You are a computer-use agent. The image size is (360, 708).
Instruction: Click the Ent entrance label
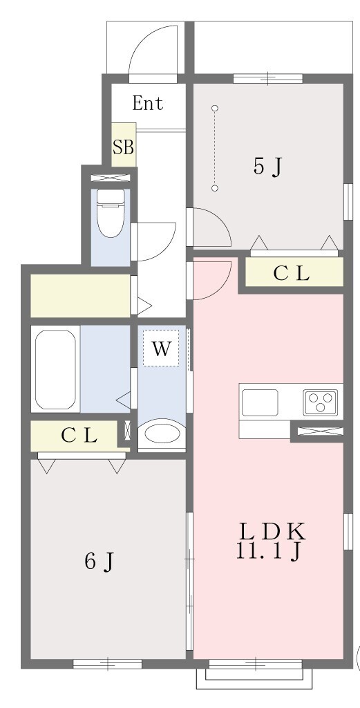[147, 104]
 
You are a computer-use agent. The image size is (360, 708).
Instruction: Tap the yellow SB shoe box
[124, 145]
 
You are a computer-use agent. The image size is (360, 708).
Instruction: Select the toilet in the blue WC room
[111, 213]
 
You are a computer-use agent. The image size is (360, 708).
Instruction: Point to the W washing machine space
[161, 348]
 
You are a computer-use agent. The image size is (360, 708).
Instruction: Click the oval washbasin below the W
[162, 434]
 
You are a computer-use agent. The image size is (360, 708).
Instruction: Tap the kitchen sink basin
[259, 402]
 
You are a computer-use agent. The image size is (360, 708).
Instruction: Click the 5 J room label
[267, 167]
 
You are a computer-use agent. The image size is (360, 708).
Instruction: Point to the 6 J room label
[100, 561]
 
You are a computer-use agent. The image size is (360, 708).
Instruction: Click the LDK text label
[272, 532]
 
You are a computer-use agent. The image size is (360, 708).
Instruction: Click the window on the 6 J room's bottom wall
[107, 664]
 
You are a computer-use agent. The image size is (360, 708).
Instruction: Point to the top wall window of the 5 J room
[267, 79]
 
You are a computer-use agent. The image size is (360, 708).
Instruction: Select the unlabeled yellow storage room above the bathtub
[80, 295]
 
